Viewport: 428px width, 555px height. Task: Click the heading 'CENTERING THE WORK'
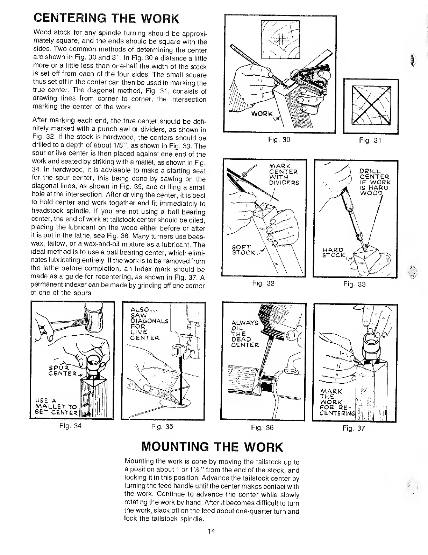point(106,19)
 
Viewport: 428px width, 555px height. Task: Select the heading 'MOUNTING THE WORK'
point(212,447)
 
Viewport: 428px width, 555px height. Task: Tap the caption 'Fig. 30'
point(279,139)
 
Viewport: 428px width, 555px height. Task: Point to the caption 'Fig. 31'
point(370,141)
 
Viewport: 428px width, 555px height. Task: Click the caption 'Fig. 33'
point(354,284)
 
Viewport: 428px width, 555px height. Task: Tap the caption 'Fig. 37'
point(354,428)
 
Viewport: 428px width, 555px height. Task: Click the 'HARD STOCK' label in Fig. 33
point(334,252)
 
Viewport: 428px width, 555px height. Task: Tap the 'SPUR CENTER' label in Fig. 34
point(63,370)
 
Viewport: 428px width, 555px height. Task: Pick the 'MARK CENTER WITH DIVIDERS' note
point(283,174)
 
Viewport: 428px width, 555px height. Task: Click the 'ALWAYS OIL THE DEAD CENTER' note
point(244,334)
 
